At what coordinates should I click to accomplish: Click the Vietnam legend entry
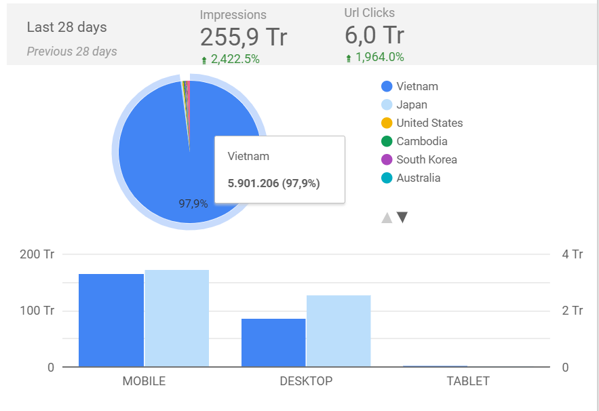[x=417, y=86]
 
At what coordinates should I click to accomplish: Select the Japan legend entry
[x=411, y=104]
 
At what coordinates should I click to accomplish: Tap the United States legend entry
[x=429, y=123]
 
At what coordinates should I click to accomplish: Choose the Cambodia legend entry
[x=421, y=141]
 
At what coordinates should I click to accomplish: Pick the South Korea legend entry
[x=426, y=159]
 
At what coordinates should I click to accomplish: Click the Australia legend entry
[x=418, y=178]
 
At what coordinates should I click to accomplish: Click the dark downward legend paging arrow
[x=402, y=218]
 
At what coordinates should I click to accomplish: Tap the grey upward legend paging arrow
[x=387, y=218]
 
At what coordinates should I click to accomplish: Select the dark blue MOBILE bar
[x=111, y=320]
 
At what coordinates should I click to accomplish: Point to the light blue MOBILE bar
[x=176, y=318]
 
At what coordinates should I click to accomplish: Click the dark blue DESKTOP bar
[x=273, y=342]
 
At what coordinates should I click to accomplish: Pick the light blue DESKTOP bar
[x=339, y=331]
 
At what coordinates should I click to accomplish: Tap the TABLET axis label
[x=468, y=381]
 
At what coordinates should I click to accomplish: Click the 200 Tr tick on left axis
[x=38, y=254]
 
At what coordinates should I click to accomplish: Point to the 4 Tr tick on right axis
[x=573, y=254]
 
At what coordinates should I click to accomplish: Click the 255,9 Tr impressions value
[x=244, y=37]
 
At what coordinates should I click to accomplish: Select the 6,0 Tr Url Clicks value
[x=374, y=35]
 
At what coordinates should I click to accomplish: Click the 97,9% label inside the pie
[x=193, y=203]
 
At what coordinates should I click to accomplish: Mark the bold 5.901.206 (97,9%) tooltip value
[x=273, y=183]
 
